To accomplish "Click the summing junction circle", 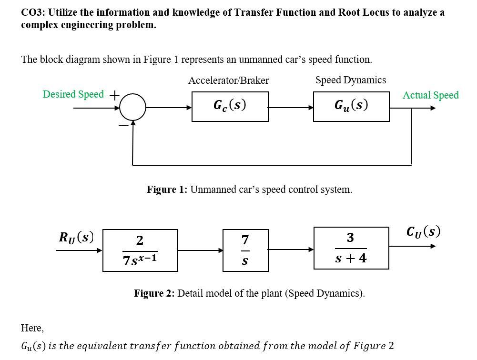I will [133, 107].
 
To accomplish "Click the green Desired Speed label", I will [73, 94].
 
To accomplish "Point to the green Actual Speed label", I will [430, 95].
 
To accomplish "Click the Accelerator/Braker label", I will [228, 80].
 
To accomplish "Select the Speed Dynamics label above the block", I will [351, 80].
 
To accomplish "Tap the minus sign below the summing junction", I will [123, 125].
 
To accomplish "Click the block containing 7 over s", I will [245, 250].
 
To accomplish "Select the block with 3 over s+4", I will [351, 248].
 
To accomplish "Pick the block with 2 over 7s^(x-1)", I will [140, 250].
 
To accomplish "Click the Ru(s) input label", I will [76, 237].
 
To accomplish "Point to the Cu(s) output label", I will [423, 231].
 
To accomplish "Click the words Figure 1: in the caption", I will [167, 190].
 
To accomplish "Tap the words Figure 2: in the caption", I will [154, 293].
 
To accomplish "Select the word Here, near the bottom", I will [32, 328].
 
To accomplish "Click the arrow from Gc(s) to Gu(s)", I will [291, 108].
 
